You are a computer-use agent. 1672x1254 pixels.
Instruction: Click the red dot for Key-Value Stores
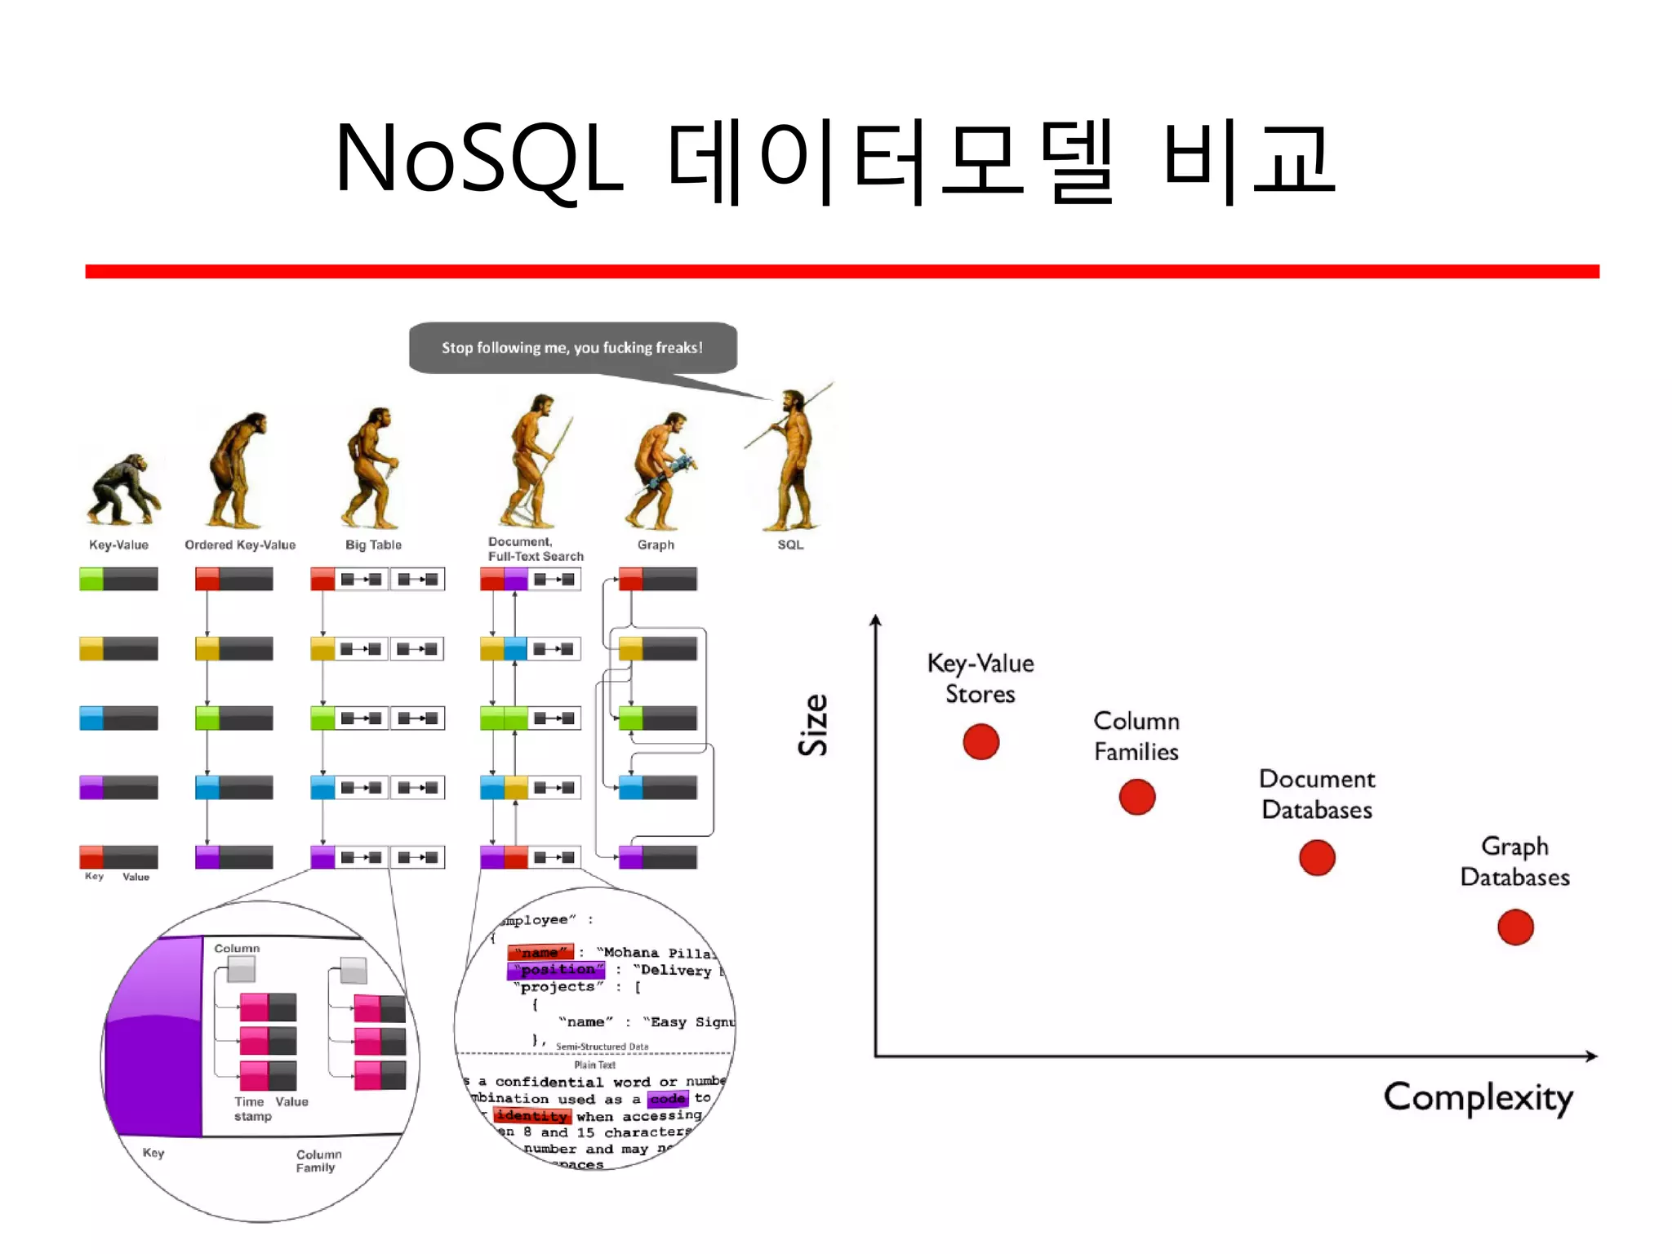(981, 741)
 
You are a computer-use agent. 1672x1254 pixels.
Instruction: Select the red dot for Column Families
(1136, 797)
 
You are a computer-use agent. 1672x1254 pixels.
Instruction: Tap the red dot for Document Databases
(1317, 857)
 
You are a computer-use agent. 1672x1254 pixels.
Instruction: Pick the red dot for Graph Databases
(1515, 927)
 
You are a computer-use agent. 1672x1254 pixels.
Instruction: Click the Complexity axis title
(1478, 1098)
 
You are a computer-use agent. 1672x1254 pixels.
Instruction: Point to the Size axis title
(813, 725)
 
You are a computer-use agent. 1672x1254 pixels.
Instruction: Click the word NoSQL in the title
(479, 159)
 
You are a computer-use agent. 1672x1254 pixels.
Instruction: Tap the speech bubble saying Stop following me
(572, 348)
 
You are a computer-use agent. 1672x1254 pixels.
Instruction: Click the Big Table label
(373, 545)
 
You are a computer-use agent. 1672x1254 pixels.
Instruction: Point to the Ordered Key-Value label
(240, 545)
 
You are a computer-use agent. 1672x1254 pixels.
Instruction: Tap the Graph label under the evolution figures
(656, 545)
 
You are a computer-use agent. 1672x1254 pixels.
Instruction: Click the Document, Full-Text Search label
(536, 549)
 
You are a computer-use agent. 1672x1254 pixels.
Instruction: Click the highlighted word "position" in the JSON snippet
(557, 970)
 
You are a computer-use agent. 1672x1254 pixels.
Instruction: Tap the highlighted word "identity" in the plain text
(531, 1116)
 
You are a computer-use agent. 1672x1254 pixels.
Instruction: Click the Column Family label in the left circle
(318, 1161)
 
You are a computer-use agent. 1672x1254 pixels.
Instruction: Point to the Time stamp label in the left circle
(252, 1109)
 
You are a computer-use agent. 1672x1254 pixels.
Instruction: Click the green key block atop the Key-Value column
(91, 579)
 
